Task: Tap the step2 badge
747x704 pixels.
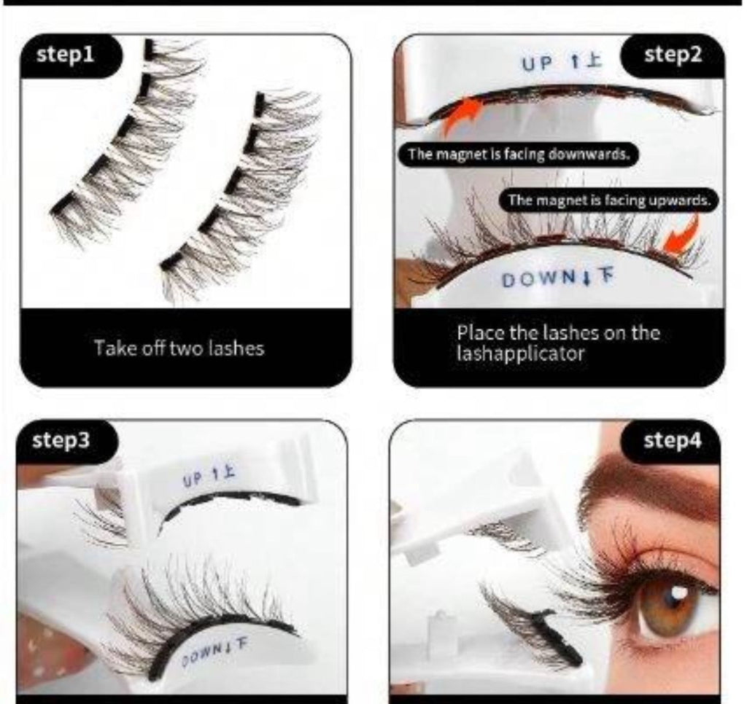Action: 673,55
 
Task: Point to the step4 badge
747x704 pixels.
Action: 672,441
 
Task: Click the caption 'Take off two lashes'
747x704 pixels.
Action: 179,348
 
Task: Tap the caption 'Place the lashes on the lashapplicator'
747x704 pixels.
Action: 558,343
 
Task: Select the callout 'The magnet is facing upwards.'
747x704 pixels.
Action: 608,200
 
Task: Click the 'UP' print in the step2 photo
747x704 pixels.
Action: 538,63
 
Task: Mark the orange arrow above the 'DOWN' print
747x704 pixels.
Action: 681,235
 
